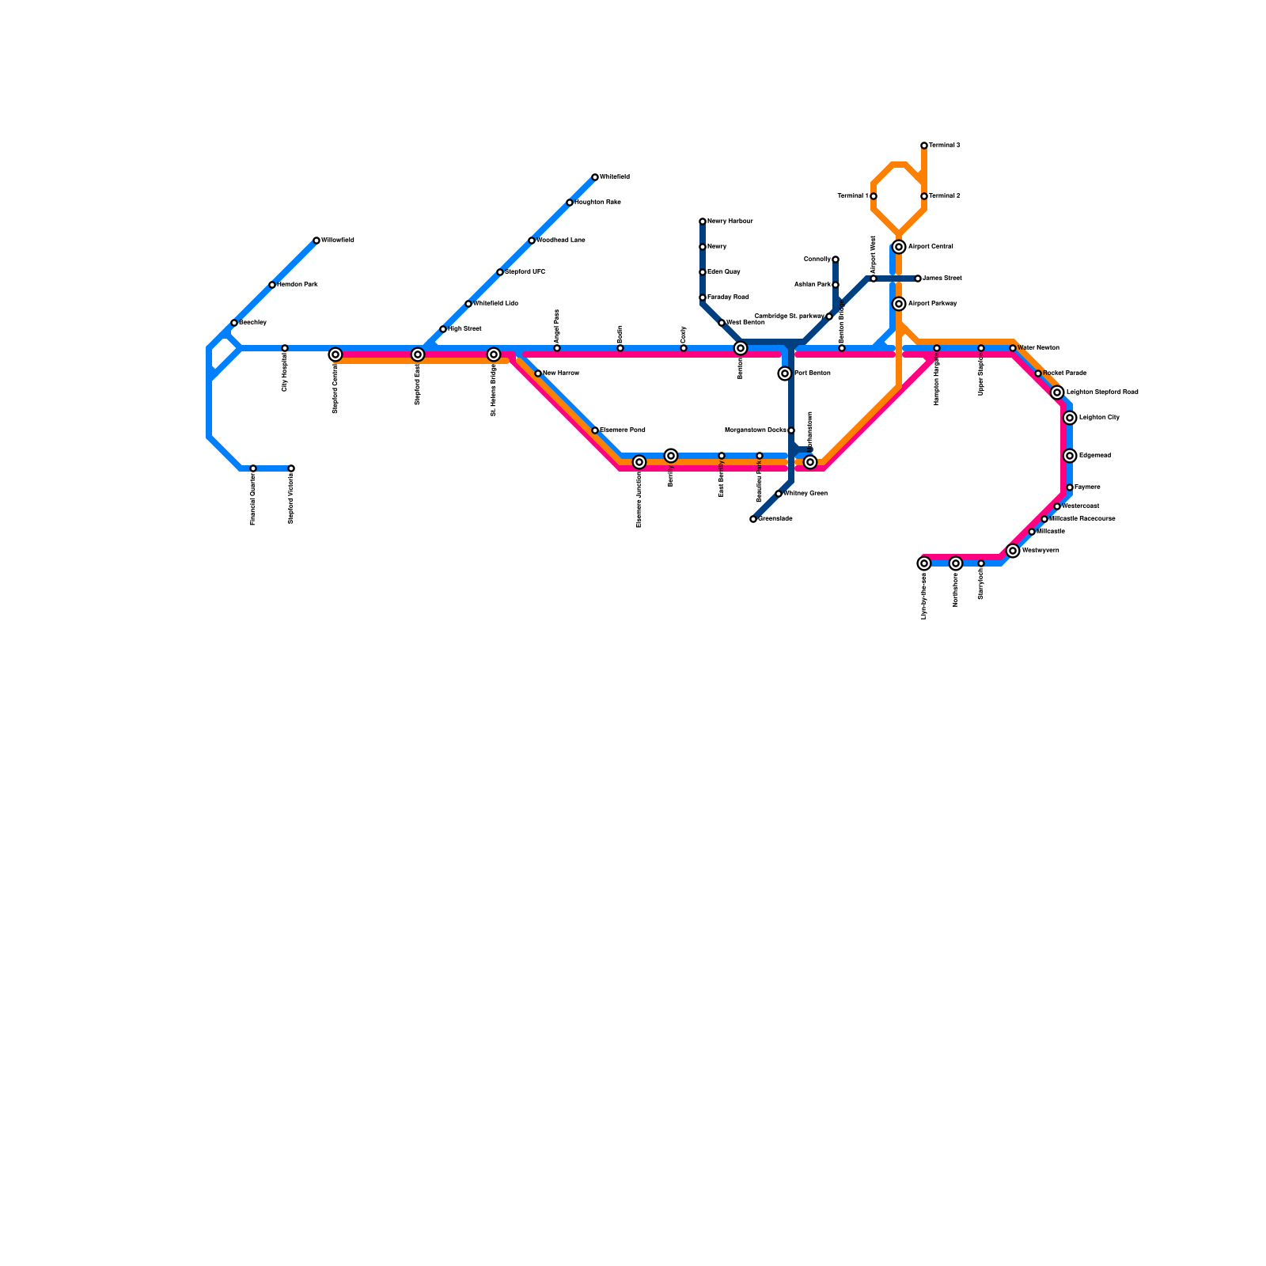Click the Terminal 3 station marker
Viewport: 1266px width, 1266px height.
(x=924, y=146)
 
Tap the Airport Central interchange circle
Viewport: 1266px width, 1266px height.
(x=899, y=247)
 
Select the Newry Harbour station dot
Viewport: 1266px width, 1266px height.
(x=703, y=222)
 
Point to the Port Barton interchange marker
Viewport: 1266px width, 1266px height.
(x=785, y=373)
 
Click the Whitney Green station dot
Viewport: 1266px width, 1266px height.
(x=779, y=494)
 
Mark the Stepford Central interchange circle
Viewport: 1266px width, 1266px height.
(x=335, y=354)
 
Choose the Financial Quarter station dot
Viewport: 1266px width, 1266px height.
(x=253, y=468)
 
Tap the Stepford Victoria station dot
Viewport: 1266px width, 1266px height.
(x=291, y=468)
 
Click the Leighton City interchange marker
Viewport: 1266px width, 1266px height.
(x=1070, y=418)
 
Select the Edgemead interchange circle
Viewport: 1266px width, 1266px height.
(x=1070, y=456)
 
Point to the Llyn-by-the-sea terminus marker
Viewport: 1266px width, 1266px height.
(x=924, y=563)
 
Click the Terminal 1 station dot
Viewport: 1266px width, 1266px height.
(x=874, y=196)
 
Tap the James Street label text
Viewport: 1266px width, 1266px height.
(x=942, y=279)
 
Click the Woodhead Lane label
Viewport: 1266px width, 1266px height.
(x=561, y=241)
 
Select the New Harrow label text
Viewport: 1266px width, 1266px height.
(x=562, y=373)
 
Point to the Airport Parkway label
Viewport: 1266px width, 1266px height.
(x=933, y=304)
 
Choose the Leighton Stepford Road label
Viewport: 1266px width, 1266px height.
(x=1102, y=392)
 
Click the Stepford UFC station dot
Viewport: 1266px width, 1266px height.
(x=500, y=272)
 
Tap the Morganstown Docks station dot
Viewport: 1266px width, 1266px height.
(x=791, y=430)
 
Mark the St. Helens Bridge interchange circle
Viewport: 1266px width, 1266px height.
(x=494, y=354)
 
